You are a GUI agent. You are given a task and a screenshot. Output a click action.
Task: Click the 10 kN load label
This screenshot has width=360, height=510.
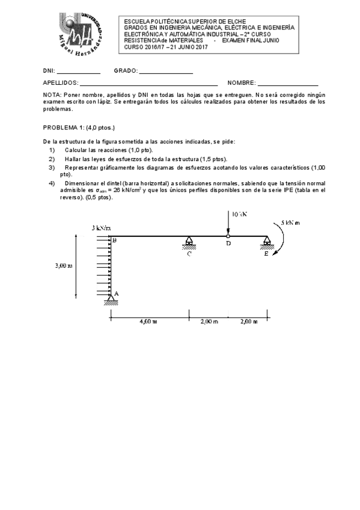[x=239, y=214]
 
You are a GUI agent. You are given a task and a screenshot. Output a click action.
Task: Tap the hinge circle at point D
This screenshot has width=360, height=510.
[x=228, y=236]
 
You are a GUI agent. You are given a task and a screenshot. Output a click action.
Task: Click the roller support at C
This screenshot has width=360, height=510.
[x=189, y=243]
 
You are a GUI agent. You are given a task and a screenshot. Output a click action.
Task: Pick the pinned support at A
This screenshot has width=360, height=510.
[x=111, y=298]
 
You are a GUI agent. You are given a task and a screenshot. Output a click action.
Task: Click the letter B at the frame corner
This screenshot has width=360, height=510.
[x=114, y=241]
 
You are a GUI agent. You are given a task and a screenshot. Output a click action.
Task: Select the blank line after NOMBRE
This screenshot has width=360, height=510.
[x=288, y=83]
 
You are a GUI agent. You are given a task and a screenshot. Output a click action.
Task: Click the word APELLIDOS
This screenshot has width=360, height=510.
[x=60, y=83]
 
